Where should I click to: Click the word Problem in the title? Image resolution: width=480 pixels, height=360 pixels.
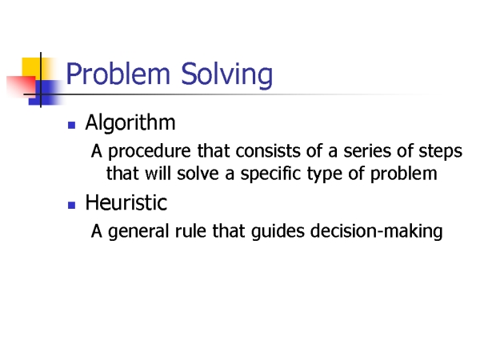coord(118,74)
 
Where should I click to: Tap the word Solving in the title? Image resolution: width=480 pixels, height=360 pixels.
coord(227,75)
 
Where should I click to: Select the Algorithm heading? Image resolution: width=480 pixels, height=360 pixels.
coord(130,122)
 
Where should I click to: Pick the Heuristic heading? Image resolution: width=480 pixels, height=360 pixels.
coord(126,202)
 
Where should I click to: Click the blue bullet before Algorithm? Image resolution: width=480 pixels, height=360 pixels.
coord(72,126)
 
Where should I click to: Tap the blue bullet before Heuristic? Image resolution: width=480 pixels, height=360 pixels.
coord(72,205)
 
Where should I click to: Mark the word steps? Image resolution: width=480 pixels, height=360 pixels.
coord(441,152)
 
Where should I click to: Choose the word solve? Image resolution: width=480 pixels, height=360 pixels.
coord(198,174)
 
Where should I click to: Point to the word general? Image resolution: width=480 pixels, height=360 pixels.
coord(138,232)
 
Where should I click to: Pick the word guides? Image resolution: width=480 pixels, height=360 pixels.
coord(278,232)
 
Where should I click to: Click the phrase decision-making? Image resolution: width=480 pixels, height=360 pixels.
coord(377,232)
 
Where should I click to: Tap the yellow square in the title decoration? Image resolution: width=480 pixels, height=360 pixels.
coord(31,67)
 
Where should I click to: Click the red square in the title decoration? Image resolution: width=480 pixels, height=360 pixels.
coord(21,86)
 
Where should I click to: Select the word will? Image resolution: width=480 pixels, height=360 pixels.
coord(158,174)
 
